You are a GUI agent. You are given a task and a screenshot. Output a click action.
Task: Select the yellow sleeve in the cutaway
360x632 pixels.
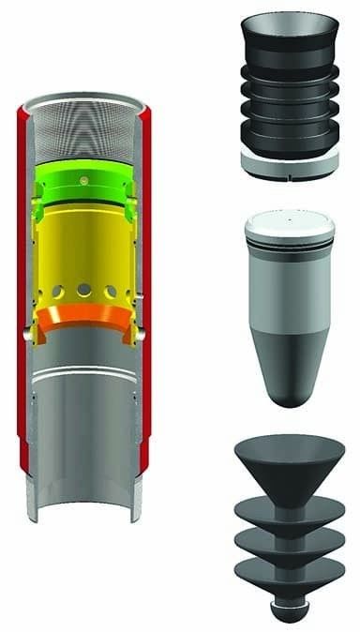click(84, 244)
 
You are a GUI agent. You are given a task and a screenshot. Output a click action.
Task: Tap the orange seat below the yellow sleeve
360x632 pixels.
click(84, 319)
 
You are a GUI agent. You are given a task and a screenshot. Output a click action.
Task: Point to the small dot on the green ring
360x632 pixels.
click(86, 175)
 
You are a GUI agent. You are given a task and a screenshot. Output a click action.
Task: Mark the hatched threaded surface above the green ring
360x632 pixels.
click(84, 131)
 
